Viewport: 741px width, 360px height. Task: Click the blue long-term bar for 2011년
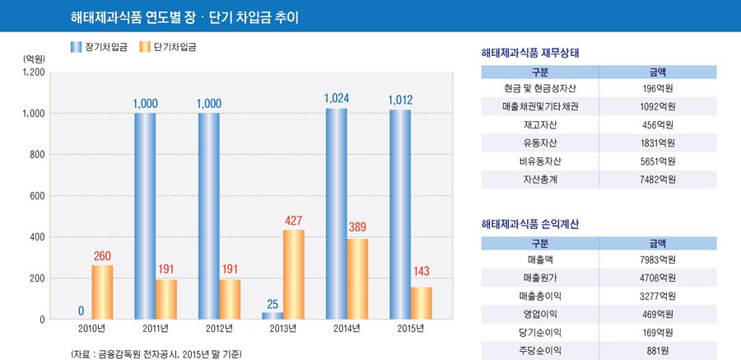pos(145,216)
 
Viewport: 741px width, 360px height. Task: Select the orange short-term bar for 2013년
pos(294,274)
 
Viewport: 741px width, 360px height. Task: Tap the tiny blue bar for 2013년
pos(273,316)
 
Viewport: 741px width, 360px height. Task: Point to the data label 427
pos(294,221)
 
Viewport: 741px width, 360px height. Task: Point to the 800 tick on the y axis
pos(34,154)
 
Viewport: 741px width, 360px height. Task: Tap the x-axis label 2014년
pos(346,329)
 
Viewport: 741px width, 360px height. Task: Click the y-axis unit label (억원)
pos(34,58)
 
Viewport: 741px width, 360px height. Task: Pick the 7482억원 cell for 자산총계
pos(658,180)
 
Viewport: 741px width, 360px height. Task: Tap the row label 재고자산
pos(540,124)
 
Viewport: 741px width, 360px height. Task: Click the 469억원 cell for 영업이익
pos(658,314)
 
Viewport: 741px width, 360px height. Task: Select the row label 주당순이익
pos(540,350)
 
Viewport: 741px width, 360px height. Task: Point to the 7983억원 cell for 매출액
pos(658,259)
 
